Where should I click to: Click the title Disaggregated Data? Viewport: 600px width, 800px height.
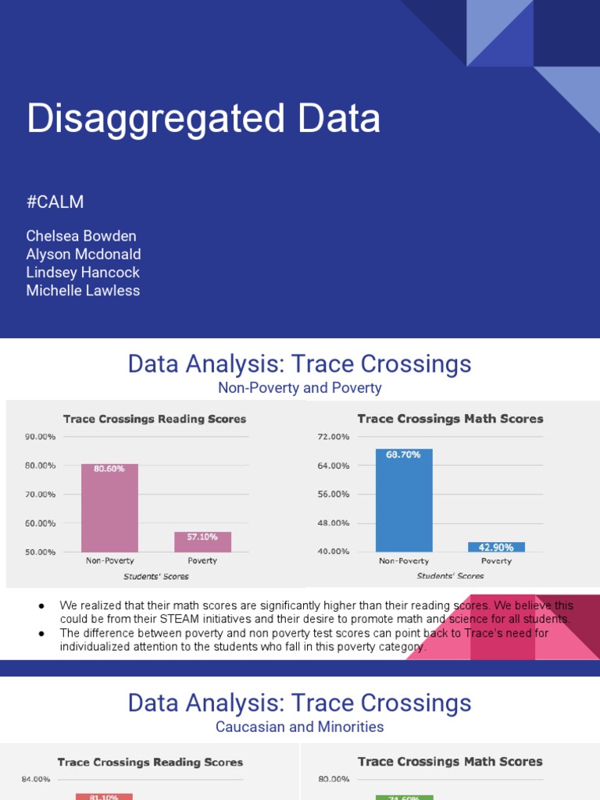click(204, 120)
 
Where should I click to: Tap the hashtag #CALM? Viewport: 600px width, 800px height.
click(55, 202)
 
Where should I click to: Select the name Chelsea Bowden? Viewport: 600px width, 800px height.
click(81, 236)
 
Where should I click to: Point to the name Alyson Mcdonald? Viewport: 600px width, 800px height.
click(84, 254)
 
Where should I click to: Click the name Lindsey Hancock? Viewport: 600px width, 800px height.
click(83, 272)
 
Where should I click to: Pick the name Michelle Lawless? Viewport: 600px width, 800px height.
click(83, 291)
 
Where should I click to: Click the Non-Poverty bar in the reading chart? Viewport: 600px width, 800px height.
click(109, 512)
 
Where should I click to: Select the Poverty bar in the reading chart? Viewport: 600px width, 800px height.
click(202, 544)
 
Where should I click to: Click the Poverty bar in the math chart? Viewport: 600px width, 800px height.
click(496, 547)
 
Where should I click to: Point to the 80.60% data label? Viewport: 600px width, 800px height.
click(109, 469)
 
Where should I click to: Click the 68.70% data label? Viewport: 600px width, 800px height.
click(404, 454)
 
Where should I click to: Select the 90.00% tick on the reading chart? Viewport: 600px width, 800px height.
click(41, 437)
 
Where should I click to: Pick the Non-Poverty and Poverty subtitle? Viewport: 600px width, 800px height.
click(300, 387)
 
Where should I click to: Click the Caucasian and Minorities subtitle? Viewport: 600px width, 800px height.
click(300, 727)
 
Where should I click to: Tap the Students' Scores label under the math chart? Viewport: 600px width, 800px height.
click(449, 576)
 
